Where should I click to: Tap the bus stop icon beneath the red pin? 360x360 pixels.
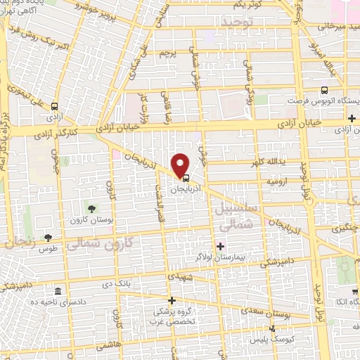point(185,178)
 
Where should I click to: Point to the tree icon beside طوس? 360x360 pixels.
point(48,238)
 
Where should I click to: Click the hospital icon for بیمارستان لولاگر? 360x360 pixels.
point(221,246)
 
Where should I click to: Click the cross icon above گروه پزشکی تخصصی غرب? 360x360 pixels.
point(172,300)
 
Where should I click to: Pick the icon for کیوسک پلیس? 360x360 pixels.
point(273,328)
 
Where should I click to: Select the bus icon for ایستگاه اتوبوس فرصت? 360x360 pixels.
point(324,90)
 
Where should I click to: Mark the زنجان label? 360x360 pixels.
point(21,243)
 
